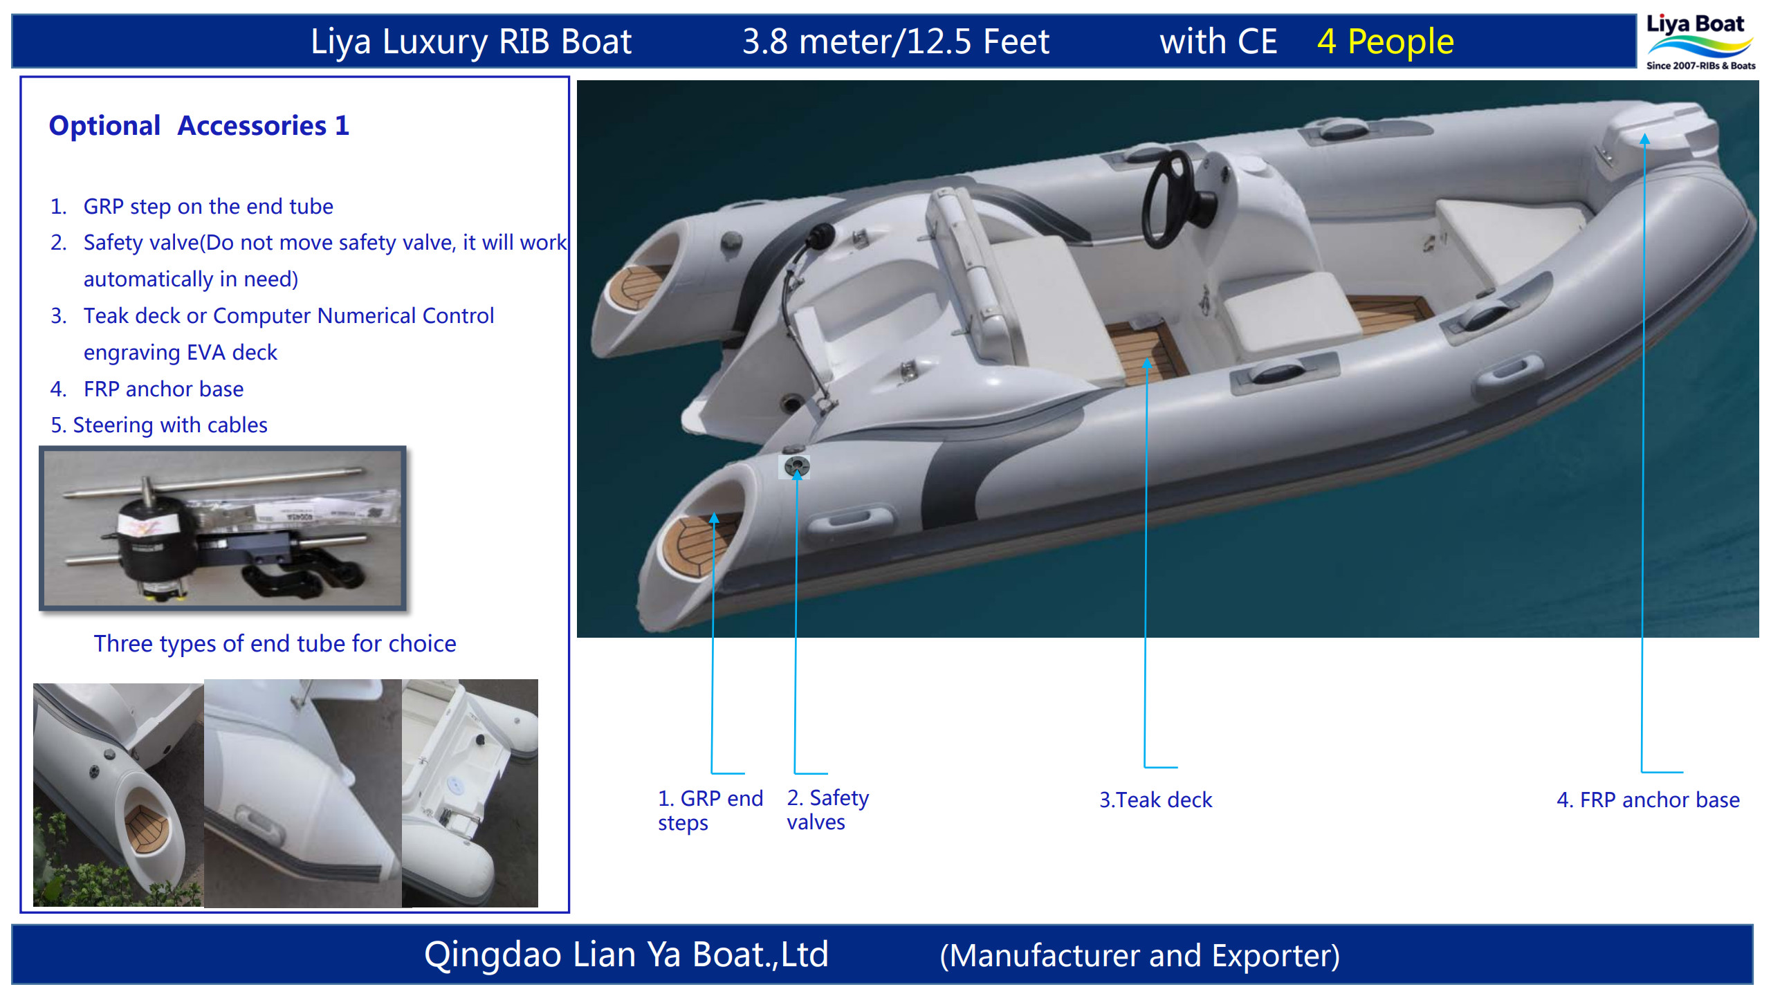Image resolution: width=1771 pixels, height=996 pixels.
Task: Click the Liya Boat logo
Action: coord(1700,41)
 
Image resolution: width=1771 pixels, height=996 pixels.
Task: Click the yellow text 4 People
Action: coord(1385,41)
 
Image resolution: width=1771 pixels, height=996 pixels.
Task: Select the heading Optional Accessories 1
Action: coord(199,126)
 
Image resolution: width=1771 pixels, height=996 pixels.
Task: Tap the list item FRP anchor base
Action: coord(163,389)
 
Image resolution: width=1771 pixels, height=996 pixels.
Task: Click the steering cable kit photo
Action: coord(223,528)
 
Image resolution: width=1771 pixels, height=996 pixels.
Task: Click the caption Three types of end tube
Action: coord(275,643)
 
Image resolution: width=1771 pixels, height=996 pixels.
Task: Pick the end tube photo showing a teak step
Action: coord(118,794)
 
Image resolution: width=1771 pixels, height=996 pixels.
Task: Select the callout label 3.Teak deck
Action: coord(1156,800)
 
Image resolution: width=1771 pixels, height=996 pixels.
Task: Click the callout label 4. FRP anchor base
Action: coord(1648,800)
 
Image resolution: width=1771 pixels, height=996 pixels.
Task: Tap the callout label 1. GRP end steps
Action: coord(709,810)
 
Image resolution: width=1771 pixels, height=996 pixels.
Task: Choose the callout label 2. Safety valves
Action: coord(827,809)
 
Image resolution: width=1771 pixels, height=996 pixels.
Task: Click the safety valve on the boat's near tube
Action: coord(797,465)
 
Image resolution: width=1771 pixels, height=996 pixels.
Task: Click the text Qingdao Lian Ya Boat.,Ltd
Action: coord(626,954)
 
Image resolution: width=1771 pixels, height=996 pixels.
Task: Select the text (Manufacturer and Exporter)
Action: coord(1139,955)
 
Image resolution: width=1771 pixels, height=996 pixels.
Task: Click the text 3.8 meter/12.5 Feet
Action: coord(896,41)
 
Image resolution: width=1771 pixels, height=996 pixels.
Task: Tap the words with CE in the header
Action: coord(1218,41)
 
